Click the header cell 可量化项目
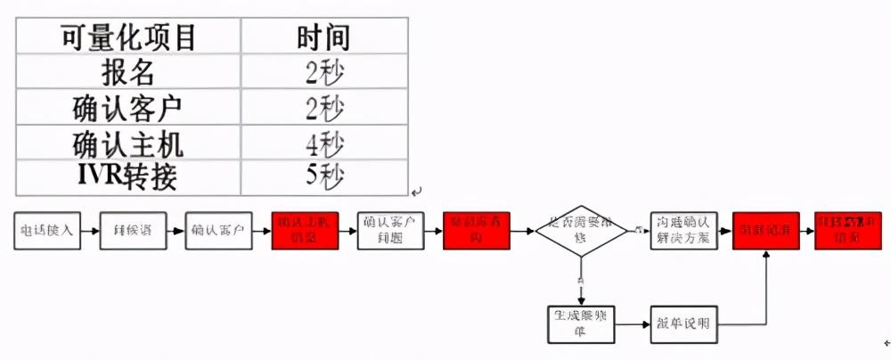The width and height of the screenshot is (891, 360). coord(128,37)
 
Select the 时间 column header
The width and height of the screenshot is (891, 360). coord(323,37)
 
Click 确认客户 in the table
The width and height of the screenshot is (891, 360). coord(128,108)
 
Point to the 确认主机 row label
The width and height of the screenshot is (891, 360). coord(128,143)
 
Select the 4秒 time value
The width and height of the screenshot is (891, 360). coord(323,143)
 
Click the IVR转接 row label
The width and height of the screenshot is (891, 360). coord(128,176)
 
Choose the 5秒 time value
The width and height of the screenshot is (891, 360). coord(323,176)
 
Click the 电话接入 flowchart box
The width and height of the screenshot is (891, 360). coord(46,231)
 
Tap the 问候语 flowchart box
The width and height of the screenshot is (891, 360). coord(134,231)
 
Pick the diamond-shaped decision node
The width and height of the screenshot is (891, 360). coord(580,231)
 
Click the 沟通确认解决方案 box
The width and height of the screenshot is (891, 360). coord(683,231)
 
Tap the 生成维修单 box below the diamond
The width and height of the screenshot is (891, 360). coord(580,323)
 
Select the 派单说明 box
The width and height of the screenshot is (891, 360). coord(683,323)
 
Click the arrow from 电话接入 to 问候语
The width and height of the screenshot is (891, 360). coord(90,231)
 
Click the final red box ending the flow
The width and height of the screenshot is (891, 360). coord(847,231)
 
